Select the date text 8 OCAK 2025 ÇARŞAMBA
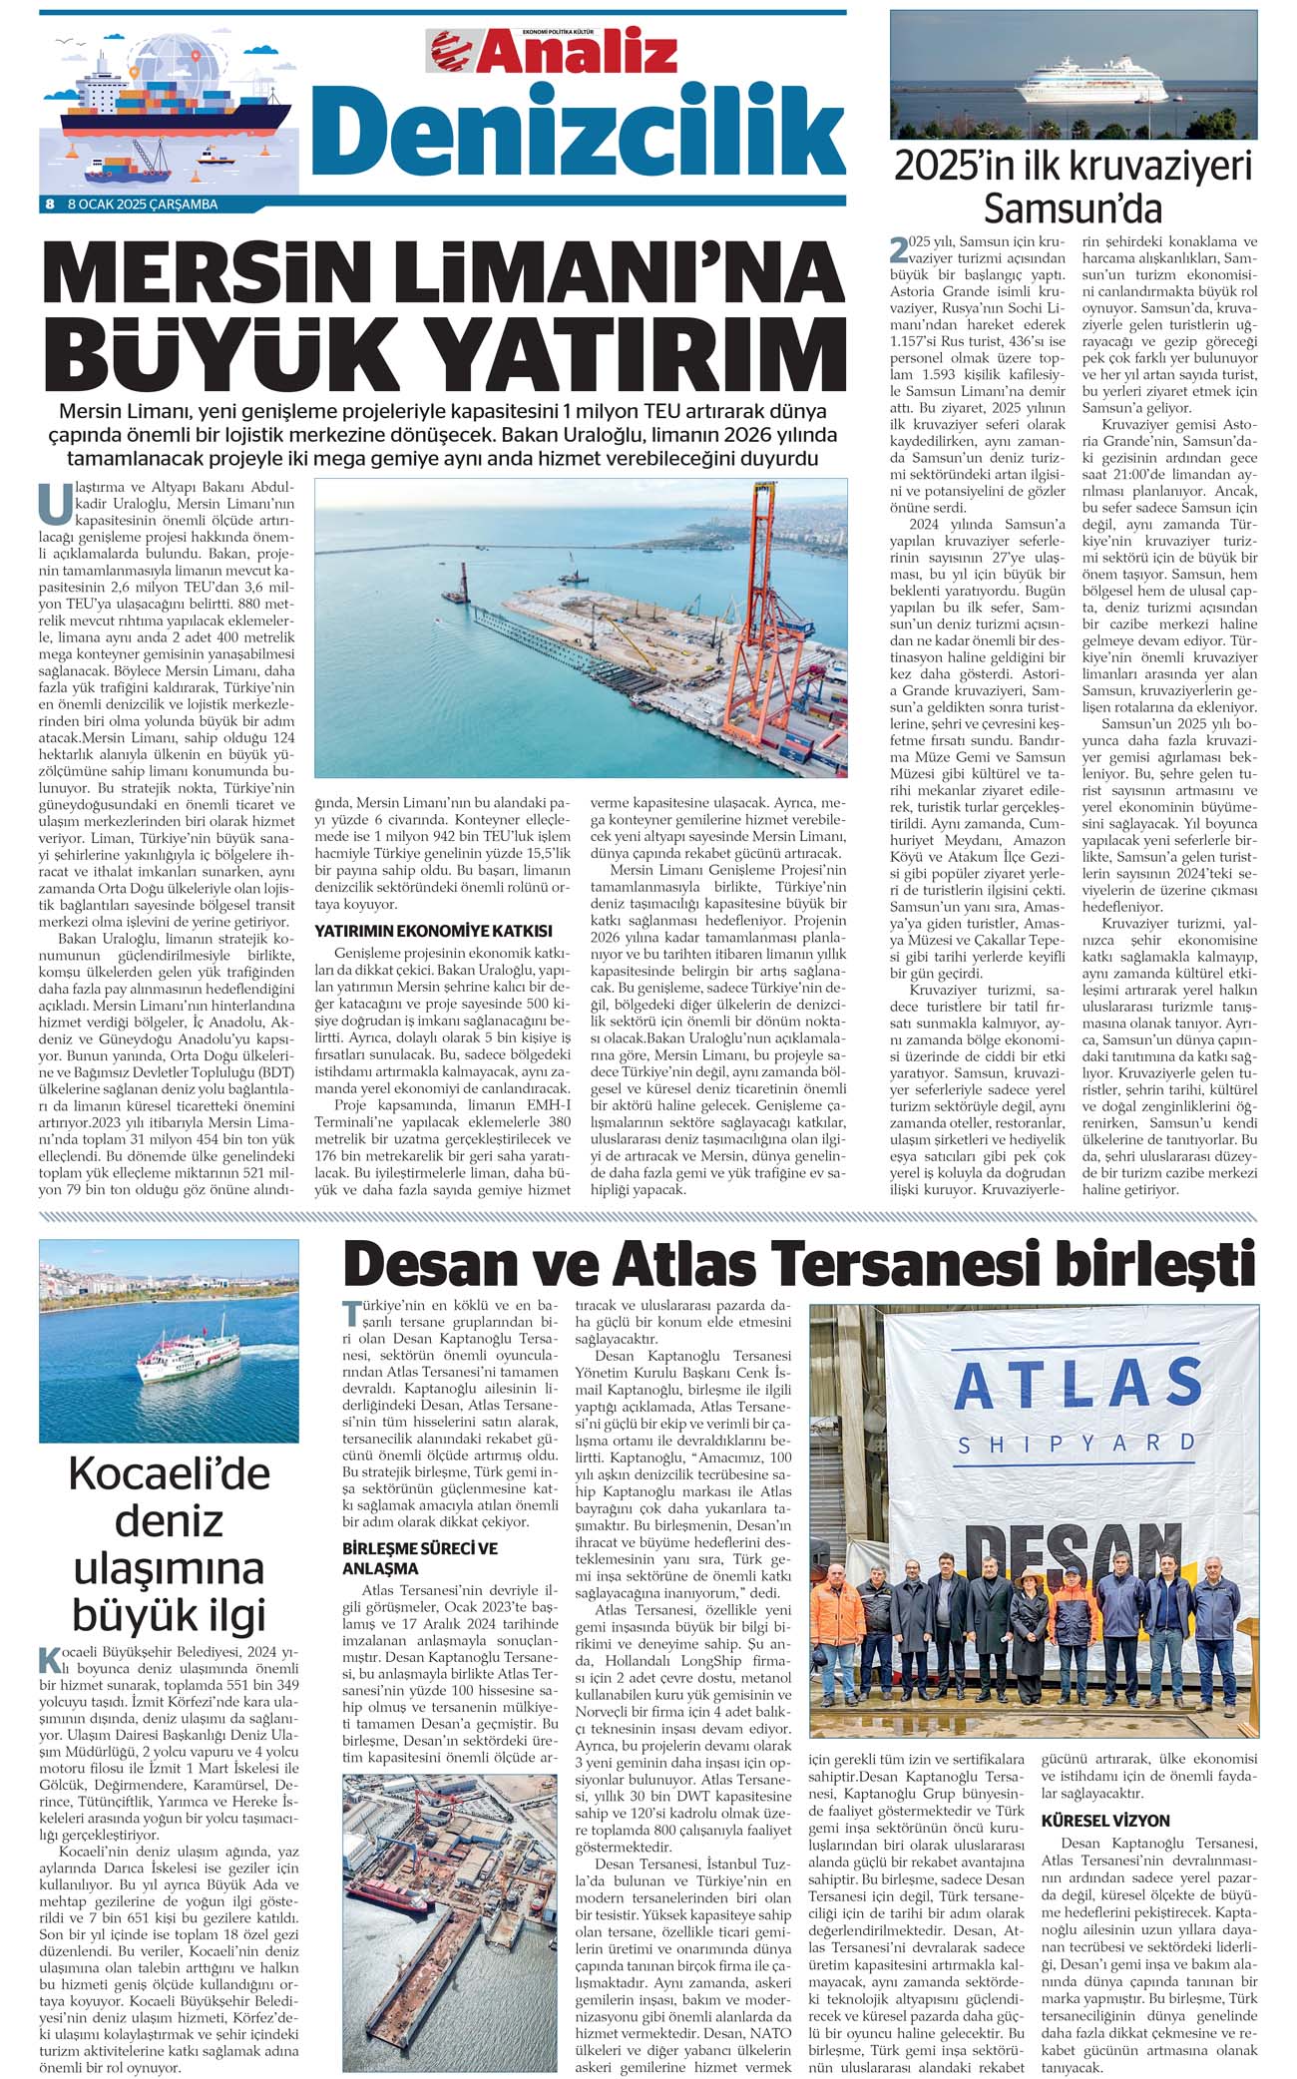(x=142, y=205)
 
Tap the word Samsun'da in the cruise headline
(x=1073, y=208)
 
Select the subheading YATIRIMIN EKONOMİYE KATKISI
(x=433, y=930)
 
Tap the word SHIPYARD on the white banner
(x=1077, y=1444)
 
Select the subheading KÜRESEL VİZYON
(x=1105, y=1820)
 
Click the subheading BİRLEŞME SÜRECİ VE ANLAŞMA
(x=420, y=1557)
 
